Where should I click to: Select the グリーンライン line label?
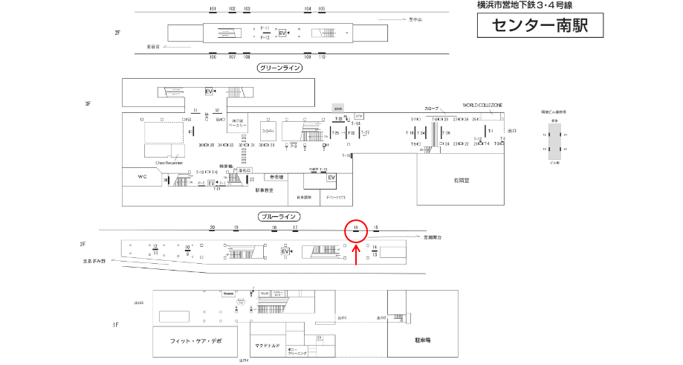(279, 68)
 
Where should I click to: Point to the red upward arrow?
(356, 254)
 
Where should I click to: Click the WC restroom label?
(143, 177)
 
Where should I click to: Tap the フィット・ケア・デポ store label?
(196, 340)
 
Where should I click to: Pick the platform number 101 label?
(213, 8)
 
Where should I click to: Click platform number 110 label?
(322, 56)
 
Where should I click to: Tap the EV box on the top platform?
(282, 33)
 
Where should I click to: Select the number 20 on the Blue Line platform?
(213, 227)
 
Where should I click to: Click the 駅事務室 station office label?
(265, 190)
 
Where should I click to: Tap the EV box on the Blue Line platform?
(285, 252)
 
